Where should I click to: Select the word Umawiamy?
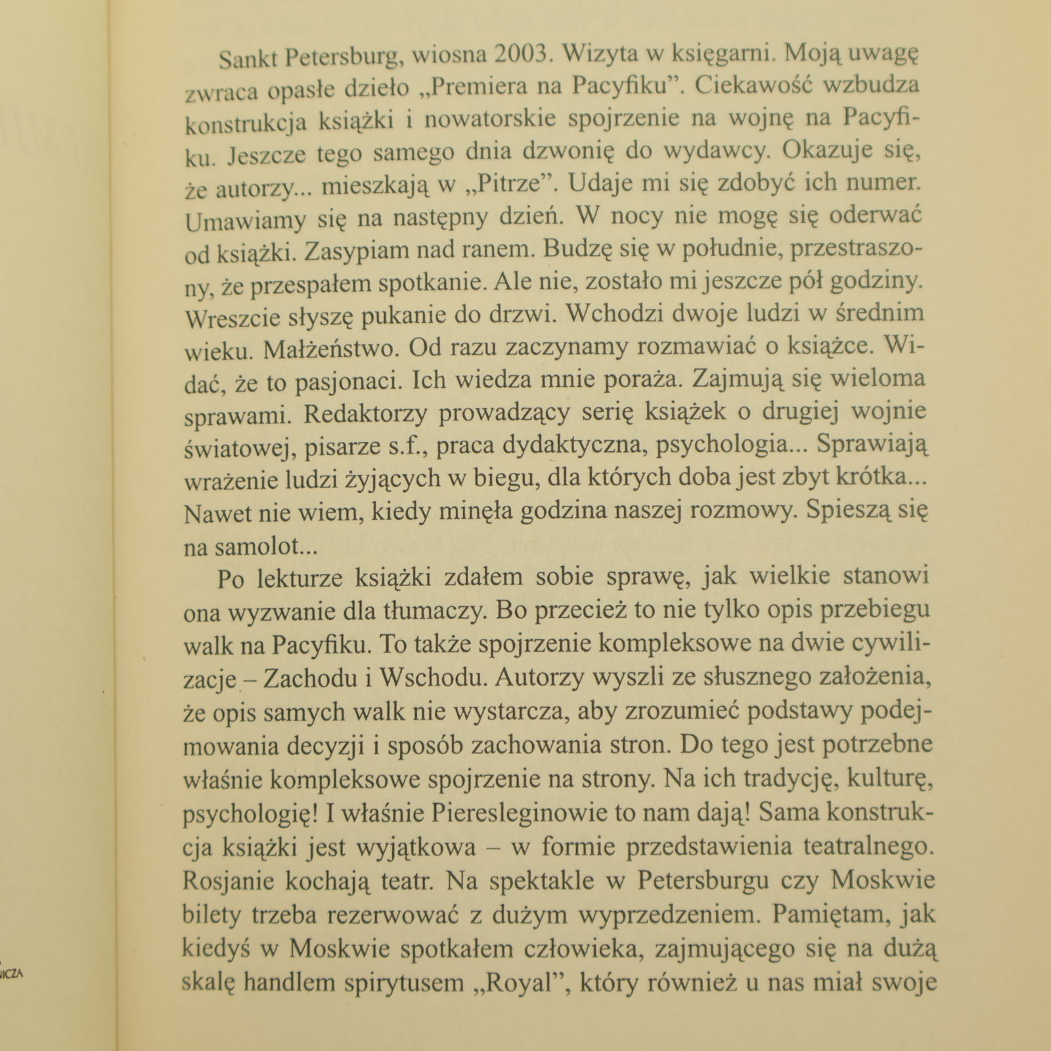(245, 221)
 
